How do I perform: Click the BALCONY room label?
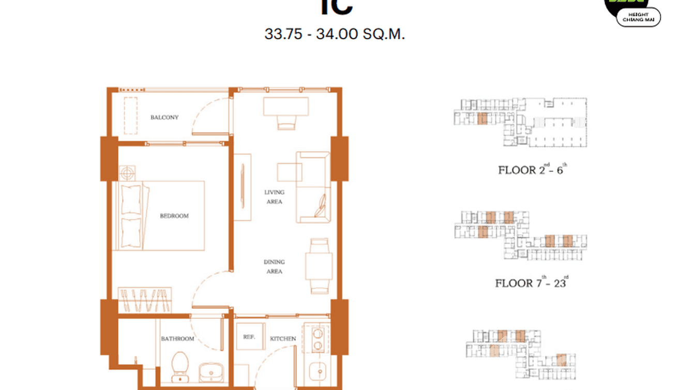[164, 117]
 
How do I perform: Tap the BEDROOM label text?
[174, 216]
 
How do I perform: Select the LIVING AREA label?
[274, 197]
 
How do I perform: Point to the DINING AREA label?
[274, 266]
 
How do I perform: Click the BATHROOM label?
[177, 339]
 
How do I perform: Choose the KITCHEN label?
[283, 339]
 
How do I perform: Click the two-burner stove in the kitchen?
[317, 338]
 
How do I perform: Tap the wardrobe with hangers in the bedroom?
[145, 301]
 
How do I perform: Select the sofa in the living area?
[313, 187]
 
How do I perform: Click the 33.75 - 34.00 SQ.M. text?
[335, 35]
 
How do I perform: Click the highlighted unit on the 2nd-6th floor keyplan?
[482, 118]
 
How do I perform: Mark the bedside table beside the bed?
[127, 172]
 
